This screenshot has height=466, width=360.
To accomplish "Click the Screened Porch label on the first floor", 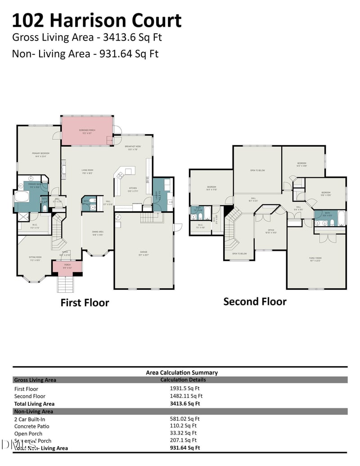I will [x=86, y=131].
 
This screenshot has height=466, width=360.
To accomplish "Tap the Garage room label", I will [x=143, y=253].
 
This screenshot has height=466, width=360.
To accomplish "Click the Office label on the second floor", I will [x=271, y=231].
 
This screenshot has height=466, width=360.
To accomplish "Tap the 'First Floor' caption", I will [x=85, y=303].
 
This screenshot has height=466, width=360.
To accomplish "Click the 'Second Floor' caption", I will [x=255, y=301].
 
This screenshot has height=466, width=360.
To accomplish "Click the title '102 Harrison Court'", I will [x=96, y=21].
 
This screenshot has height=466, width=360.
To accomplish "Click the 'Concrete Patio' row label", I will [x=32, y=426].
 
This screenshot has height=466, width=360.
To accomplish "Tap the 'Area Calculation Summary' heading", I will [x=182, y=372].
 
